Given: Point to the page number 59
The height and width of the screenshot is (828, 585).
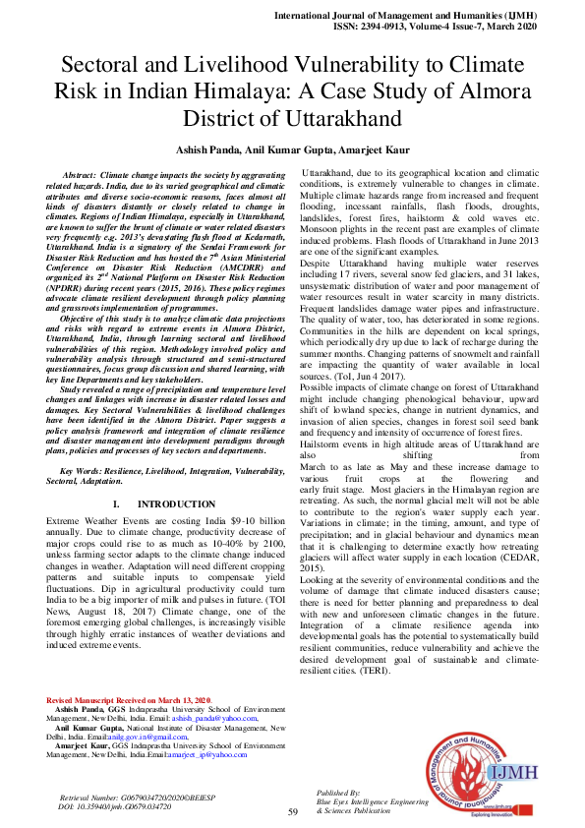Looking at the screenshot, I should pos(292,812).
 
